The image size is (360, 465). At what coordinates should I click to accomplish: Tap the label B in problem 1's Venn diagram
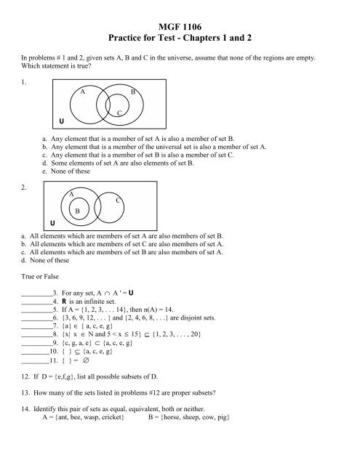tap(133, 92)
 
